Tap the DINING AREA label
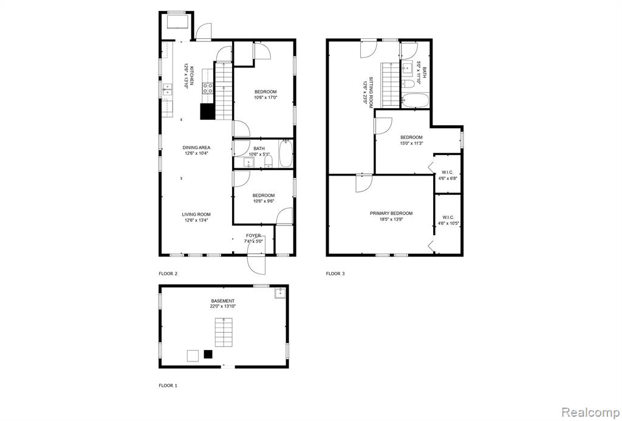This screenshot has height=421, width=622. [196, 148]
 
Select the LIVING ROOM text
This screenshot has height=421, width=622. [196, 214]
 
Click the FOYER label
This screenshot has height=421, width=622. [253, 236]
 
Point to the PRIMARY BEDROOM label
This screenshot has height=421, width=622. [391, 213]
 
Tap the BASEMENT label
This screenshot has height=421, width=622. [222, 301]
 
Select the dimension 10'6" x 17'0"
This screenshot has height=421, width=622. [265, 97]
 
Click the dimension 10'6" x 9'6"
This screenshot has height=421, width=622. [264, 200]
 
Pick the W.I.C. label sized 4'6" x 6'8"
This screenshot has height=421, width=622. [448, 173]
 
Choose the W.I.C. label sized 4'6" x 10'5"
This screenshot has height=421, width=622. [448, 217]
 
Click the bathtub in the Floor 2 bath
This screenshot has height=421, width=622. [286, 154]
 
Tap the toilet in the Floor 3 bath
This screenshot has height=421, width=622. [408, 84]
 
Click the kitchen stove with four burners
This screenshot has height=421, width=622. [208, 89]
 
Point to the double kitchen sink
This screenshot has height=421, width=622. [167, 90]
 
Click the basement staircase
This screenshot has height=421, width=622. [224, 332]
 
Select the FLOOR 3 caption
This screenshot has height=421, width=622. [335, 274]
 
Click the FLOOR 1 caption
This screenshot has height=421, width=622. [168, 385]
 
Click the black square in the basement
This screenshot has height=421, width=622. [208, 355]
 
